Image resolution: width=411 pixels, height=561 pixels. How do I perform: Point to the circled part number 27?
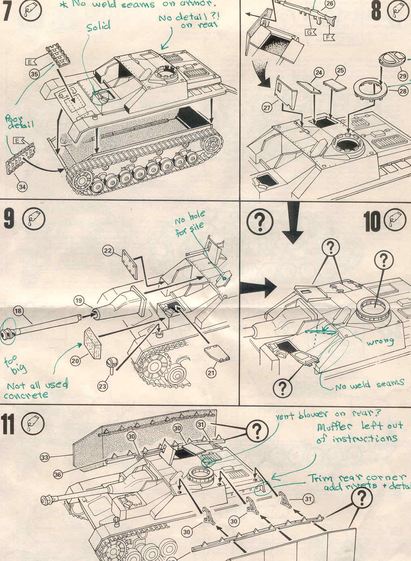[267, 108]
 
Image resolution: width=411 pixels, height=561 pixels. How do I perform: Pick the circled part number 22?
[107, 250]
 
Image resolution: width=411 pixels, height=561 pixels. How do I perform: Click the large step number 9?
[10, 221]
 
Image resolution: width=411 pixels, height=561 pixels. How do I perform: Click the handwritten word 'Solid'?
[99, 26]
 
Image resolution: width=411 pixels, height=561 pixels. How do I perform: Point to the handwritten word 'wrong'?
[380, 342]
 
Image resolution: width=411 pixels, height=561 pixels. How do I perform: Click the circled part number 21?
[211, 373]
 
